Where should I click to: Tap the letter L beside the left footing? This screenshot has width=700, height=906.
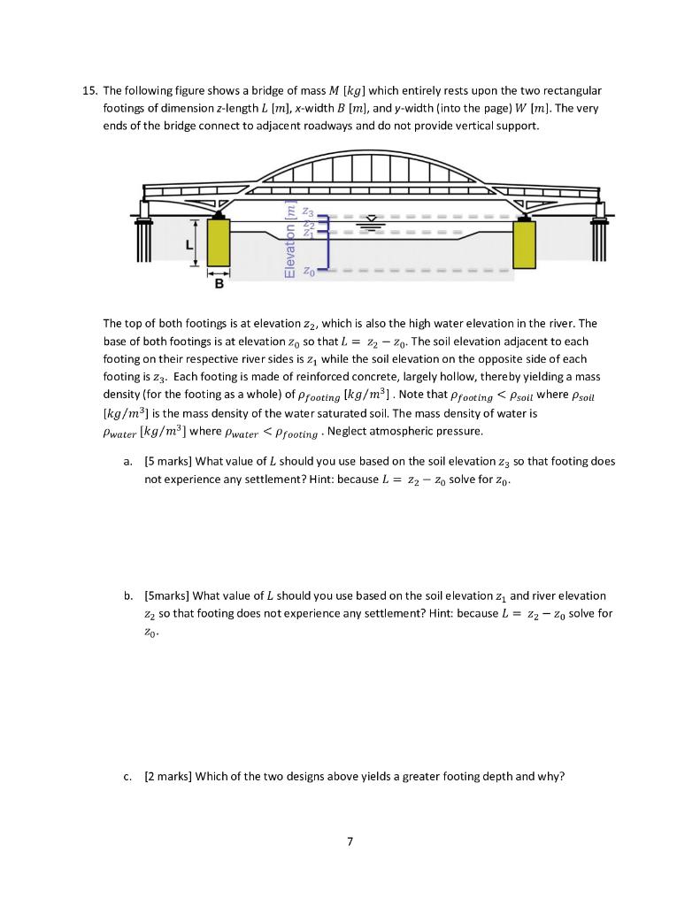tap(188, 243)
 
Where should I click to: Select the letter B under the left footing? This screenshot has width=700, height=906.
tap(219, 285)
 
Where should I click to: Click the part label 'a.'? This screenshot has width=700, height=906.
tap(128, 461)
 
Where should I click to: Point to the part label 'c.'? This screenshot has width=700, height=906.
tap(128, 777)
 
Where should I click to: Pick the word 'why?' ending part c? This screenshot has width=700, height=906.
tap(549, 777)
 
